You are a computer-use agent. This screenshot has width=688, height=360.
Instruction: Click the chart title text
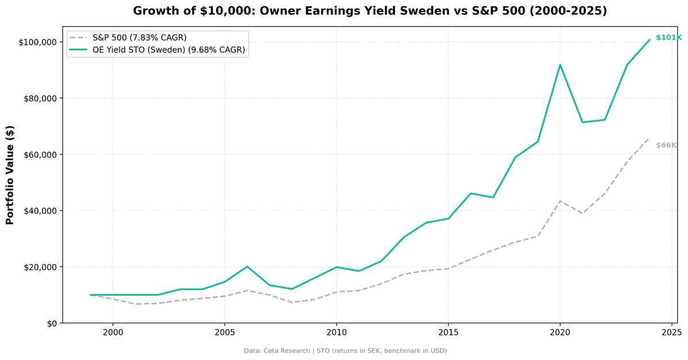point(370,11)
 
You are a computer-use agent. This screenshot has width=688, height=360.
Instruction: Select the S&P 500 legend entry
point(139,38)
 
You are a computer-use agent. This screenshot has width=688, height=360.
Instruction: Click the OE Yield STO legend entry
point(169,50)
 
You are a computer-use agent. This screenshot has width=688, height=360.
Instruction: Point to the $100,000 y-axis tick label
point(38,42)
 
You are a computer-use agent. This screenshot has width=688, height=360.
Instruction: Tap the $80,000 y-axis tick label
point(40,99)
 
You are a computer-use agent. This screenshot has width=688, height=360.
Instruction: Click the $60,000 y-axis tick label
point(40,155)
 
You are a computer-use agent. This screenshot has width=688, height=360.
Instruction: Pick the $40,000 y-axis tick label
point(40,211)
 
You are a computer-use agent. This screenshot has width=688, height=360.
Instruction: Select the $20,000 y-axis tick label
point(40,267)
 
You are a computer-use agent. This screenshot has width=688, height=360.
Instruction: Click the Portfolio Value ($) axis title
point(10,175)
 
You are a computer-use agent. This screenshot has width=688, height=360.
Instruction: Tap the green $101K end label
point(669,38)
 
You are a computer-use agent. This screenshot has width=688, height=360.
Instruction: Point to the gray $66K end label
point(666,146)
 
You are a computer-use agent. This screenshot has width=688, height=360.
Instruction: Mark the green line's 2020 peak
point(560,65)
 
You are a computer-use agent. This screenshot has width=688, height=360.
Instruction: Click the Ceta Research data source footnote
point(345,351)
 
